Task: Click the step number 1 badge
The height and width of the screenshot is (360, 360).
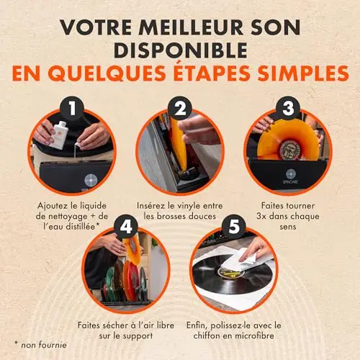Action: pos(72,108)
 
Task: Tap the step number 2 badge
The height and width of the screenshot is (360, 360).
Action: pos(180,108)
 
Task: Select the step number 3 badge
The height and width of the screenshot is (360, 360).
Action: pos(288,108)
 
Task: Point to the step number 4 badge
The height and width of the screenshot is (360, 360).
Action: pos(126,227)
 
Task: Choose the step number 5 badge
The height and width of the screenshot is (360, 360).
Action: pos(234,227)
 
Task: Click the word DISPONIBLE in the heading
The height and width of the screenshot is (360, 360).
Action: pos(181,50)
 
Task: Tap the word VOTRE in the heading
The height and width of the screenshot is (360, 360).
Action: pos(96,27)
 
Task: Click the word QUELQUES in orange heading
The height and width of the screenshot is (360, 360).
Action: pos(107,73)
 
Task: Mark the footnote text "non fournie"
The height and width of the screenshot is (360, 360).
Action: pos(44,345)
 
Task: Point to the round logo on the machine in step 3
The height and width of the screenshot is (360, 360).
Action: pos(290,174)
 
